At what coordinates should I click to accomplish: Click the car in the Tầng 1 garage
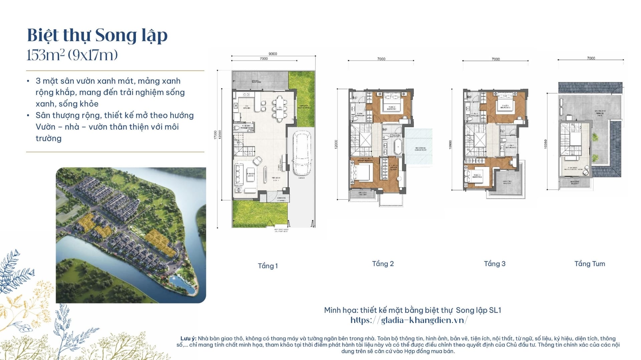pos(302,153)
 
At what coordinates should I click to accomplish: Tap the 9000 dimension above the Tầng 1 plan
pos(273,54)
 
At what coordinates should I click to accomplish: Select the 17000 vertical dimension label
pos(215,135)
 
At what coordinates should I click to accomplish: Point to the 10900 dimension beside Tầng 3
pos(450,144)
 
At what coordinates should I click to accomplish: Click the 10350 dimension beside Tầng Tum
pos(546,144)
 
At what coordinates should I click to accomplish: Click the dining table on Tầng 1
pos(279,107)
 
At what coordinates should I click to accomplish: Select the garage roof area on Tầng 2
pos(419,147)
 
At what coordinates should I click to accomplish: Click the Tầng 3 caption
pos(494,264)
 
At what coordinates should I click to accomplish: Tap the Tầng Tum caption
pos(590,264)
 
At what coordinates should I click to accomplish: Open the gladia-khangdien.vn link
pos(409,320)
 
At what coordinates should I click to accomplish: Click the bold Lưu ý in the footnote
pos(188,339)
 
